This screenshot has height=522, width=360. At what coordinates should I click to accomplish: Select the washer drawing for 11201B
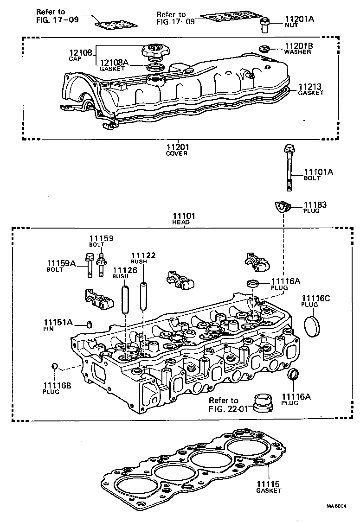[264, 48]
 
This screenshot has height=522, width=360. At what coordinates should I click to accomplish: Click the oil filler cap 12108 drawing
[156, 51]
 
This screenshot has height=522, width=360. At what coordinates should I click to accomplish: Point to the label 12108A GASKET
[114, 64]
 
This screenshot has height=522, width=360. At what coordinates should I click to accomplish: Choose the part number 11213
[310, 87]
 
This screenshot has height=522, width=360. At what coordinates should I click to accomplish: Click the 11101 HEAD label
[184, 218]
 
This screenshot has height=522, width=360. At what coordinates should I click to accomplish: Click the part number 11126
[125, 270]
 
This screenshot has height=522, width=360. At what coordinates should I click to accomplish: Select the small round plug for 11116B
[54, 367]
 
